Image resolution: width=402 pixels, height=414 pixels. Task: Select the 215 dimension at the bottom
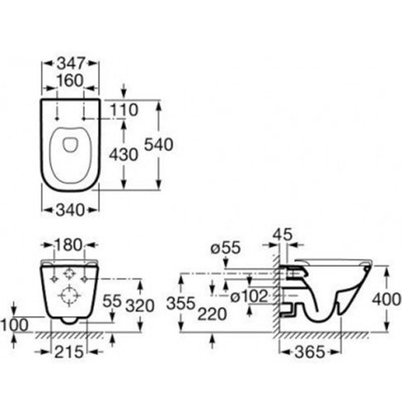[x=69, y=351]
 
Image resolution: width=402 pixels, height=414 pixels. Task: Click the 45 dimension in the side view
[x=284, y=235]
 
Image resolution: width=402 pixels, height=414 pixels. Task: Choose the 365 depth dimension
[x=317, y=351]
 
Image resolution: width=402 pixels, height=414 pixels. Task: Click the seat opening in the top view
[x=70, y=150]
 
